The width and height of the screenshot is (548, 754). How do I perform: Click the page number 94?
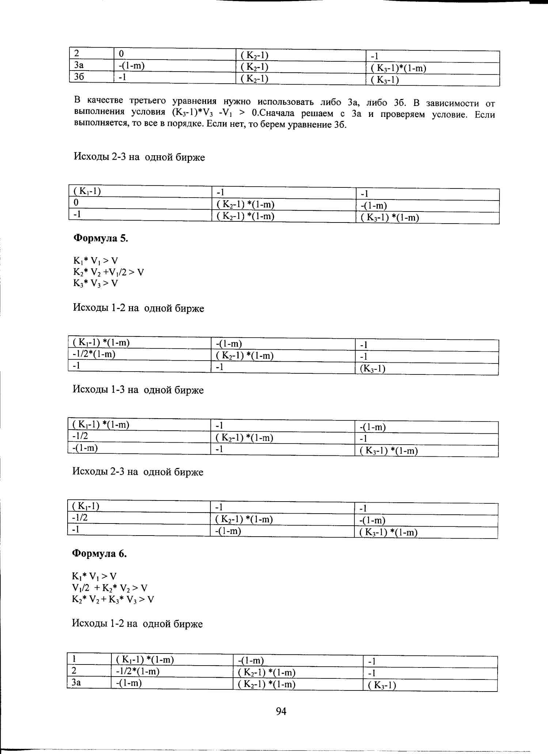[281, 711]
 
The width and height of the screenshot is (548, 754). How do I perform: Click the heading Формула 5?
[101, 239]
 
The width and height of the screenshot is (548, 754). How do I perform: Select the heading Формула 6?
[99, 554]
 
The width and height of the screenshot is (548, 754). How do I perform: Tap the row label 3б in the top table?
[79, 77]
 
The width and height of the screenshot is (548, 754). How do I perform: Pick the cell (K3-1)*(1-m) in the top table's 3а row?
[398, 68]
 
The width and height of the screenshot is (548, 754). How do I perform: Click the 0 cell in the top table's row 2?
[121, 54]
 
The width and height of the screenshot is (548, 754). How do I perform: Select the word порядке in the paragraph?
[185, 123]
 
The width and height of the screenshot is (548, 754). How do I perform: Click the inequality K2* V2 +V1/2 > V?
[109, 272]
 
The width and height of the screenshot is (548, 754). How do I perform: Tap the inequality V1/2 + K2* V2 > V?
[110, 588]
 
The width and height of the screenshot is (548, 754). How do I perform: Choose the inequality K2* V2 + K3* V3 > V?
[113, 599]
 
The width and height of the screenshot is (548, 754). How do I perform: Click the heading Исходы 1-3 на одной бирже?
[138, 390]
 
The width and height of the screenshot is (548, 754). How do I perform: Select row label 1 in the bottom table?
[74, 659]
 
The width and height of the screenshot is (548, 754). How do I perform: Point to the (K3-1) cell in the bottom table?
[382, 685]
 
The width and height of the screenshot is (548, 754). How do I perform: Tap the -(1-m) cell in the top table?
[132, 66]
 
